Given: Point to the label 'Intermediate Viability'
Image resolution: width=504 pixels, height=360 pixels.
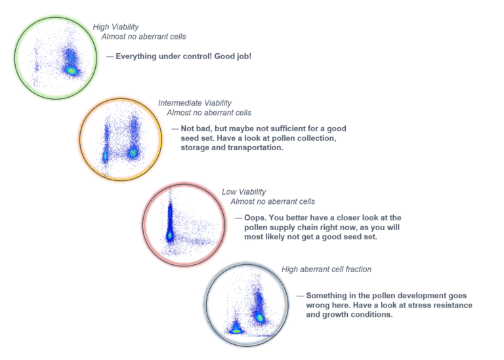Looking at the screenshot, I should [195, 103].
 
